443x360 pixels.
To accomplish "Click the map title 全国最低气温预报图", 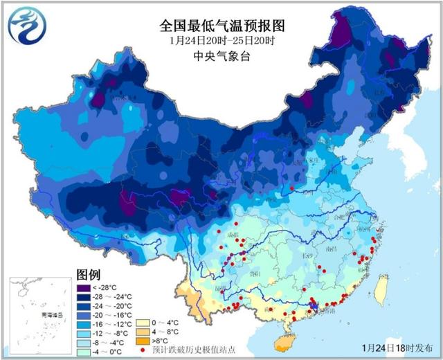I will (222, 26).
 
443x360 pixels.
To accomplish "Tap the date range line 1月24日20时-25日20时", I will (222, 42).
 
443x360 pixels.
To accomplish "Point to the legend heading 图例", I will (89, 273).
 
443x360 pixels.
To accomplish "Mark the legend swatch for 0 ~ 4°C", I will (143, 323).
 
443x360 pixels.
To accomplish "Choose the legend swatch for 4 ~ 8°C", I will (143, 332).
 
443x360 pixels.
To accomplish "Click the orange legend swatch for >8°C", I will (143, 341).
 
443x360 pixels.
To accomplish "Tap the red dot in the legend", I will (143, 350).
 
